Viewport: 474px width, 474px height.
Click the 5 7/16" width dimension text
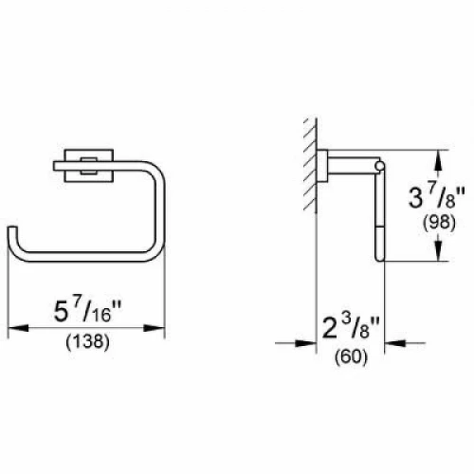[88, 309]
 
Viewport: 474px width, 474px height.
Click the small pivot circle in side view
[380, 168]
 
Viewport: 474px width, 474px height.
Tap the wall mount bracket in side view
[325, 167]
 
